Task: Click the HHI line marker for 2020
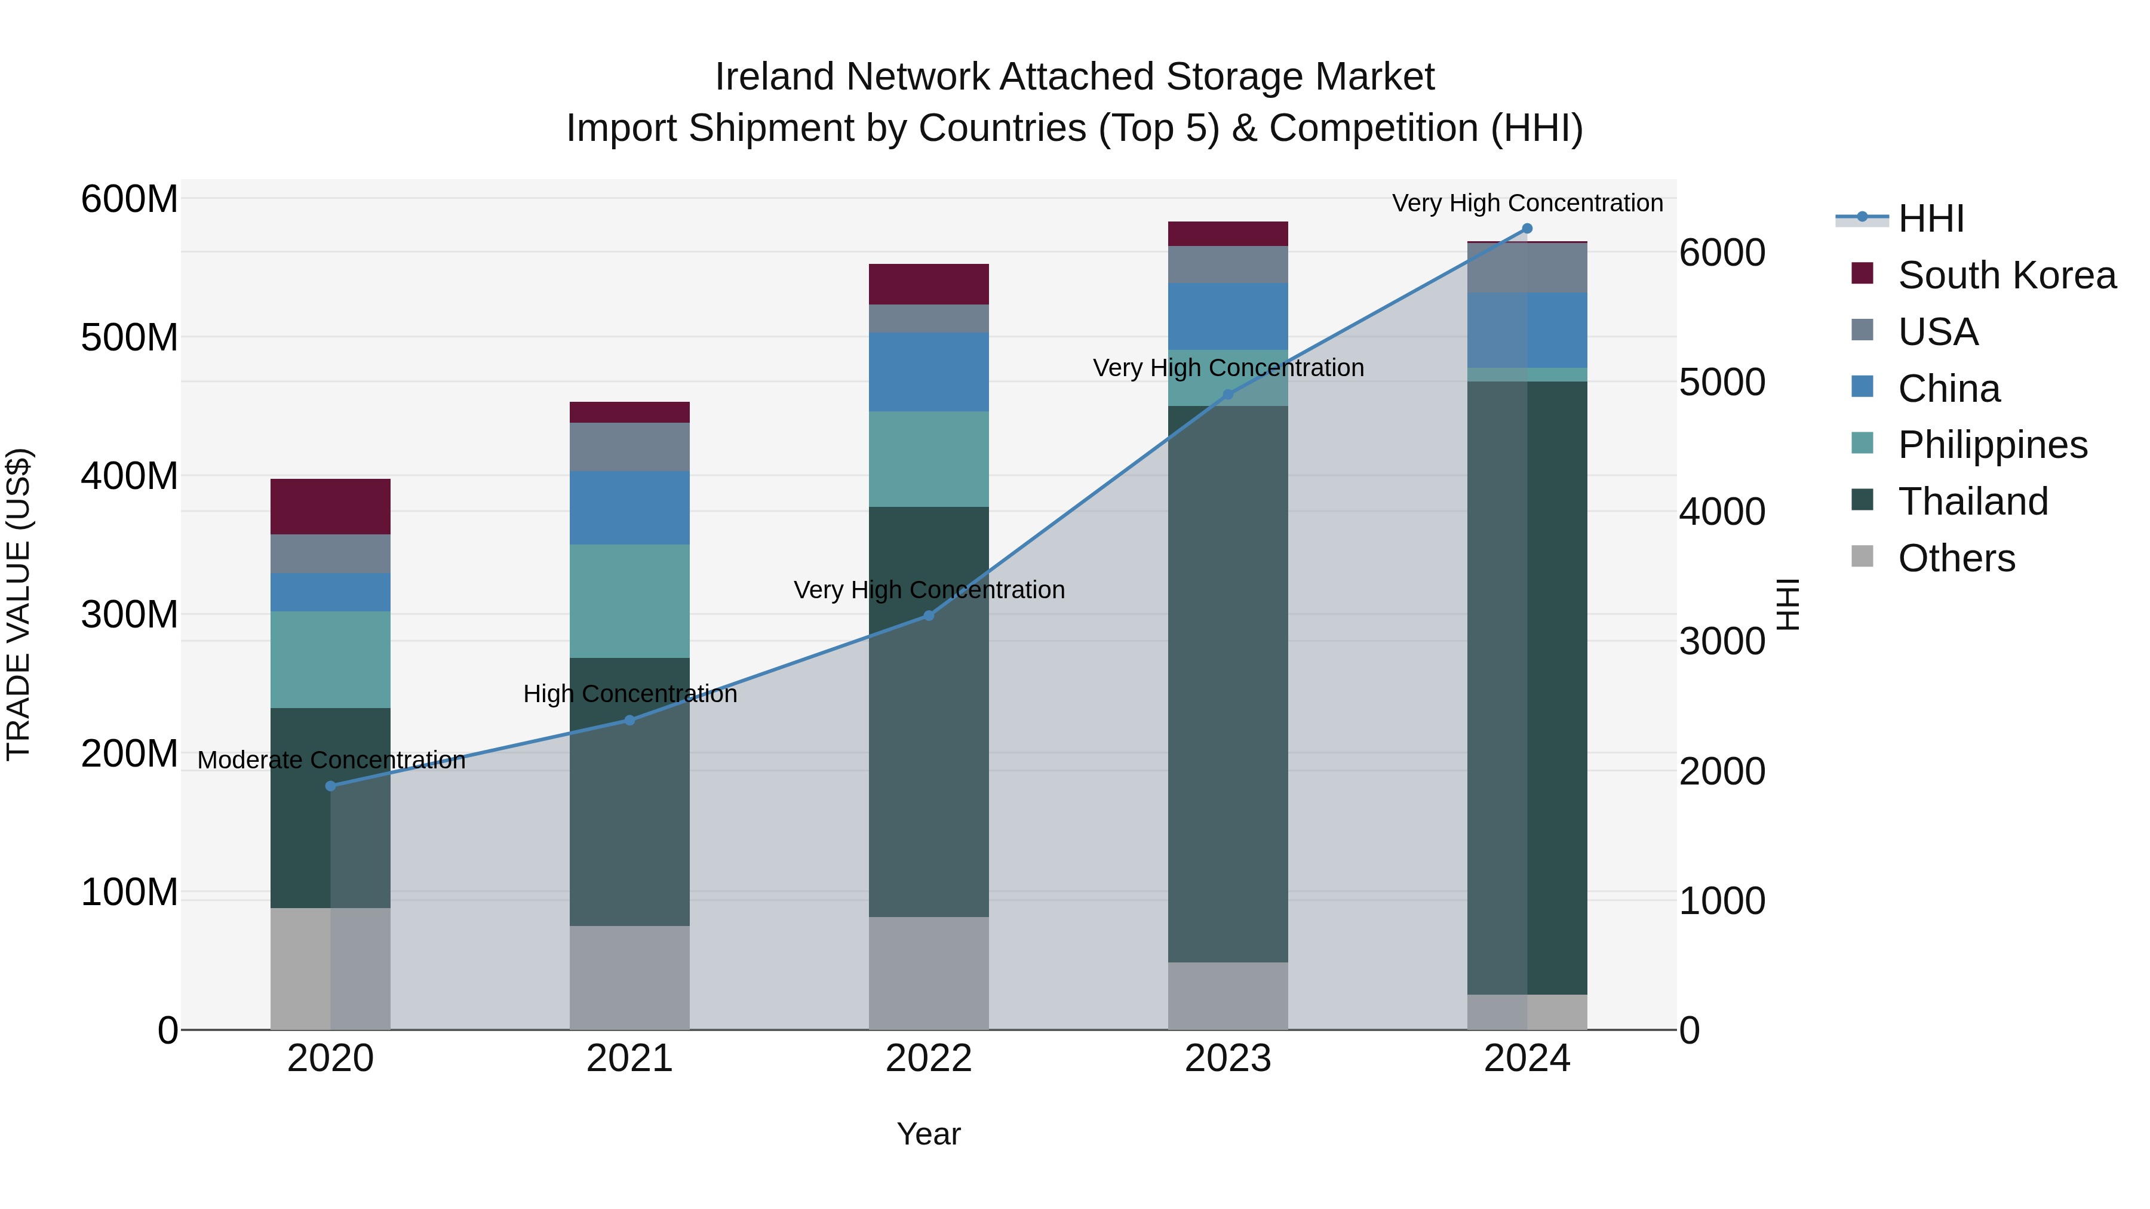pos(330,786)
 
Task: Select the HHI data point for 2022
pos(929,616)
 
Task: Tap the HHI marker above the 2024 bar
pos(1527,229)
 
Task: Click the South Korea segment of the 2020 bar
pos(330,506)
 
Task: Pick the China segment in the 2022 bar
pos(929,372)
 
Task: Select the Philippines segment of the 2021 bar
pos(629,601)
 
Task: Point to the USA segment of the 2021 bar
pos(629,447)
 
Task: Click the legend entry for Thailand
pos(1973,502)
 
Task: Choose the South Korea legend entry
pos(2007,275)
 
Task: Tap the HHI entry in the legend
pos(1930,219)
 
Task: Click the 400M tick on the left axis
pos(130,476)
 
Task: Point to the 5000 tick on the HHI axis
pos(1722,383)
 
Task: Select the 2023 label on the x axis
pos(1228,1059)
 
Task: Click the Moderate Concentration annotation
pos(331,760)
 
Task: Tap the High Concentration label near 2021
pos(630,694)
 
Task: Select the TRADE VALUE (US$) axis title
pos(19,604)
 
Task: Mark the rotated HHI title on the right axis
pos(1787,604)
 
